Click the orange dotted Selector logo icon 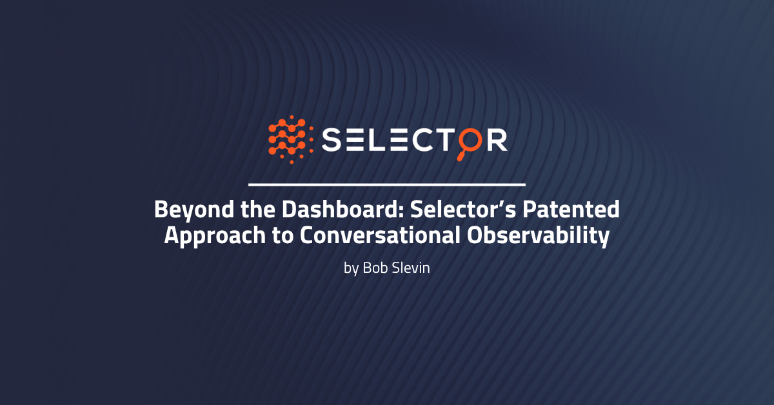(291, 139)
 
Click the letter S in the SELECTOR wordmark (332, 140)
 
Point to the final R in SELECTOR (497, 140)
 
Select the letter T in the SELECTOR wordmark (446, 140)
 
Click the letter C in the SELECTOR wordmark (422, 140)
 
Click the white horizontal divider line (387, 184)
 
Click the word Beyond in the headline (194, 210)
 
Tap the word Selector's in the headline (463, 209)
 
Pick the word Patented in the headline (571, 209)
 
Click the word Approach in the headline (215, 236)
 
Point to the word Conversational (380, 235)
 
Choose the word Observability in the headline (538, 236)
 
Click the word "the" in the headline (258, 209)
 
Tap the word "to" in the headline (283, 236)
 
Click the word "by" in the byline (351, 268)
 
